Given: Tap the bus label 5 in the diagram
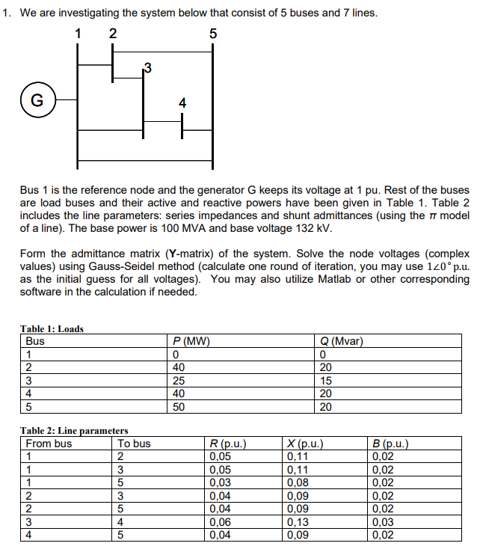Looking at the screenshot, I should pyautogui.click(x=213, y=33).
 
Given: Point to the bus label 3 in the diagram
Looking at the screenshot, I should pyautogui.click(x=147, y=69).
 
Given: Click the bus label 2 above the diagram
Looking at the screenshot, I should pyautogui.click(x=112, y=33).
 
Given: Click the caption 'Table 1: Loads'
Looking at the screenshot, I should pyautogui.click(x=52, y=328).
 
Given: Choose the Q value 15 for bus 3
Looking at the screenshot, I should pyautogui.click(x=325, y=380).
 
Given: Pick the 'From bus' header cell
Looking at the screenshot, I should pyautogui.click(x=49, y=443).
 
